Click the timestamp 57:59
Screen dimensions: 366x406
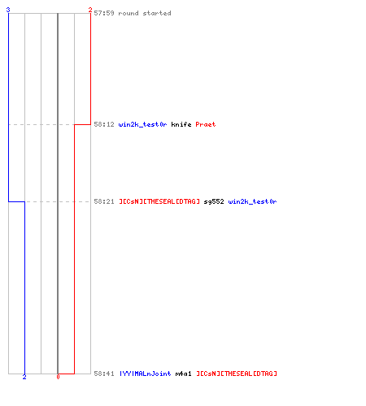click(x=104, y=13)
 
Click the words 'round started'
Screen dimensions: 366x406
click(x=145, y=13)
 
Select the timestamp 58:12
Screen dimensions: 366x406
click(x=104, y=124)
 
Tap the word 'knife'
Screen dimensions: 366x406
click(x=181, y=124)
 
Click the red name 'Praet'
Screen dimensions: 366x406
click(x=206, y=124)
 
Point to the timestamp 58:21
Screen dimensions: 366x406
click(x=104, y=201)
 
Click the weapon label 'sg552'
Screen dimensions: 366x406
click(x=214, y=201)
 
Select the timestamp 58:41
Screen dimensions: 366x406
click(x=104, y=374)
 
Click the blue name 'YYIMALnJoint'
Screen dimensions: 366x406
click(x=146, y=374)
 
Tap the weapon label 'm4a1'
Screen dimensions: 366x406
click(x=183, y=374)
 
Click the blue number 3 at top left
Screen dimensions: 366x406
click(x=8, y=10)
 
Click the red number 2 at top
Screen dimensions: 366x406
click(x=90, y=10)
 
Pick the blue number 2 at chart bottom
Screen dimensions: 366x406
click(x=24, y=377)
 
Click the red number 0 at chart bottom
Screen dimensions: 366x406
click(x=58, y=377)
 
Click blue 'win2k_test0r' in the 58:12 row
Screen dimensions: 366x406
click(x=142, y=124)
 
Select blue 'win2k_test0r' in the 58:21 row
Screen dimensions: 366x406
click(x=252, y=201)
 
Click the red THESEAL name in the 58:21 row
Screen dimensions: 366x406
click(x=159, y=201)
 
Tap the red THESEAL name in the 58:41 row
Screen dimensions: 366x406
click(x=237, y=374)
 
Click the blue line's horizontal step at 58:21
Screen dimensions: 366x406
click(x=16, y=201)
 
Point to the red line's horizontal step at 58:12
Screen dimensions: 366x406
click(x=82, y=124)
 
